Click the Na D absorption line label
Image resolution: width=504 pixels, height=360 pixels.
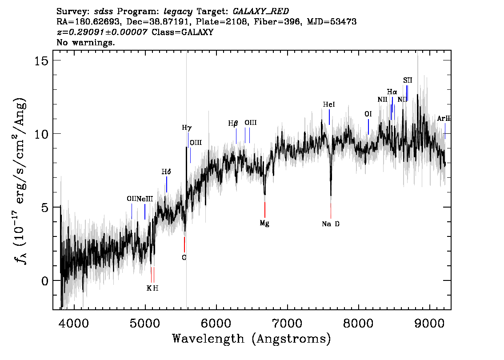(330, 224)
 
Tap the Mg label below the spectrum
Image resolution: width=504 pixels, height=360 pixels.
(264, 223)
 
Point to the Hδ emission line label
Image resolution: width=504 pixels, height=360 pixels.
(166, 172)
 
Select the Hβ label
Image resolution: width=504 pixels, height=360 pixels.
(233, 124)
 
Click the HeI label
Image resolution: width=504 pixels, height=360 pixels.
(329, 104)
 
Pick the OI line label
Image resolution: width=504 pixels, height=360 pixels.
(368, 114)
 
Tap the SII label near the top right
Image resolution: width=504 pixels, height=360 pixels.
(408, 80)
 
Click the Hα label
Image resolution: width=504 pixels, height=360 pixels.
(392, 92)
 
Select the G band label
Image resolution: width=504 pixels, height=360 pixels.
(184, 257)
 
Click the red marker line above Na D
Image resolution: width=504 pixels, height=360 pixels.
(331, 211)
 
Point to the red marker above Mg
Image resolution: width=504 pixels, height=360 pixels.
(265, 210)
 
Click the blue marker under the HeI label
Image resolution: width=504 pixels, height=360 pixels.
(329, 117)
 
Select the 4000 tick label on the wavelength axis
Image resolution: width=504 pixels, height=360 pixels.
(74, 324)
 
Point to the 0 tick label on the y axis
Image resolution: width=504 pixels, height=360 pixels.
(45, 281)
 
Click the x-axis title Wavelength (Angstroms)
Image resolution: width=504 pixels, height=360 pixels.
(252, 339)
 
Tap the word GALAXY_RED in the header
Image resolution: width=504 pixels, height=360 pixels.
(261, 12)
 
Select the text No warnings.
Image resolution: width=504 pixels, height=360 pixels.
(85, 42)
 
